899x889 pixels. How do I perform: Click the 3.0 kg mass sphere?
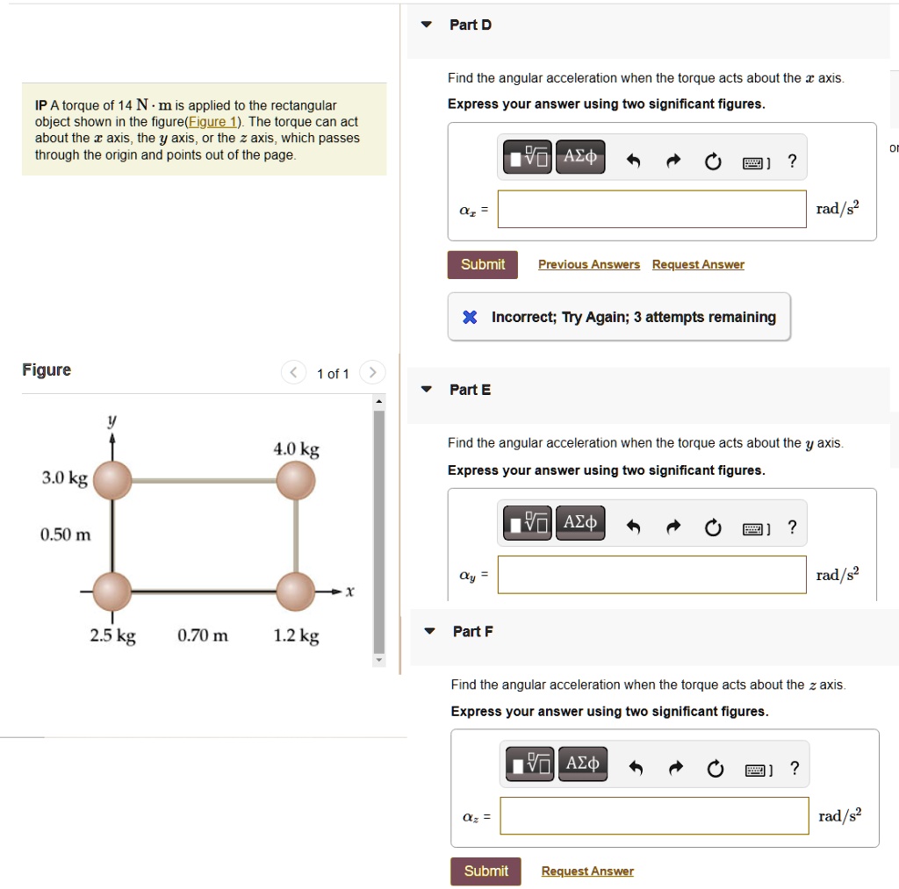tap(111, 480)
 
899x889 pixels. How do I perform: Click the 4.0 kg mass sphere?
tap(295, 480)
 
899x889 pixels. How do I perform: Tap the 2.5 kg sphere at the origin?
tap(111, 591)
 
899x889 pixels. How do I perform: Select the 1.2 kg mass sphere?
tap(295, 591)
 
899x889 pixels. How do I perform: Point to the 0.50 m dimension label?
tap(65, 534)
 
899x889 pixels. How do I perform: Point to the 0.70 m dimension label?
tap(203, 635)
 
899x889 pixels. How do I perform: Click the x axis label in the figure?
tap(349, 591)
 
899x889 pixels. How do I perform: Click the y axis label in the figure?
tap(111, 421)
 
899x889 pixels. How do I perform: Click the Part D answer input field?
tap(651, 209)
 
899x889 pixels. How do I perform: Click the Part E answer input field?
tap(651, 574)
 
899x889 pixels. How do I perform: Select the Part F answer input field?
tap(654, 815)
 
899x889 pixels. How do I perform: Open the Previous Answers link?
tap(588, 264)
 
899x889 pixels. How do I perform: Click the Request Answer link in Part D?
tap(698, 264)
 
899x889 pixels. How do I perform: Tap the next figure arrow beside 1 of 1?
tap(372, 373)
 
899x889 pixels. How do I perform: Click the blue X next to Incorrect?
tap(470, 317)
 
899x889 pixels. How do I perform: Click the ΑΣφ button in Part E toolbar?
tap(580, 523)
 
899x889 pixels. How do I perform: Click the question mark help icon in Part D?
tap(792, 161)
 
